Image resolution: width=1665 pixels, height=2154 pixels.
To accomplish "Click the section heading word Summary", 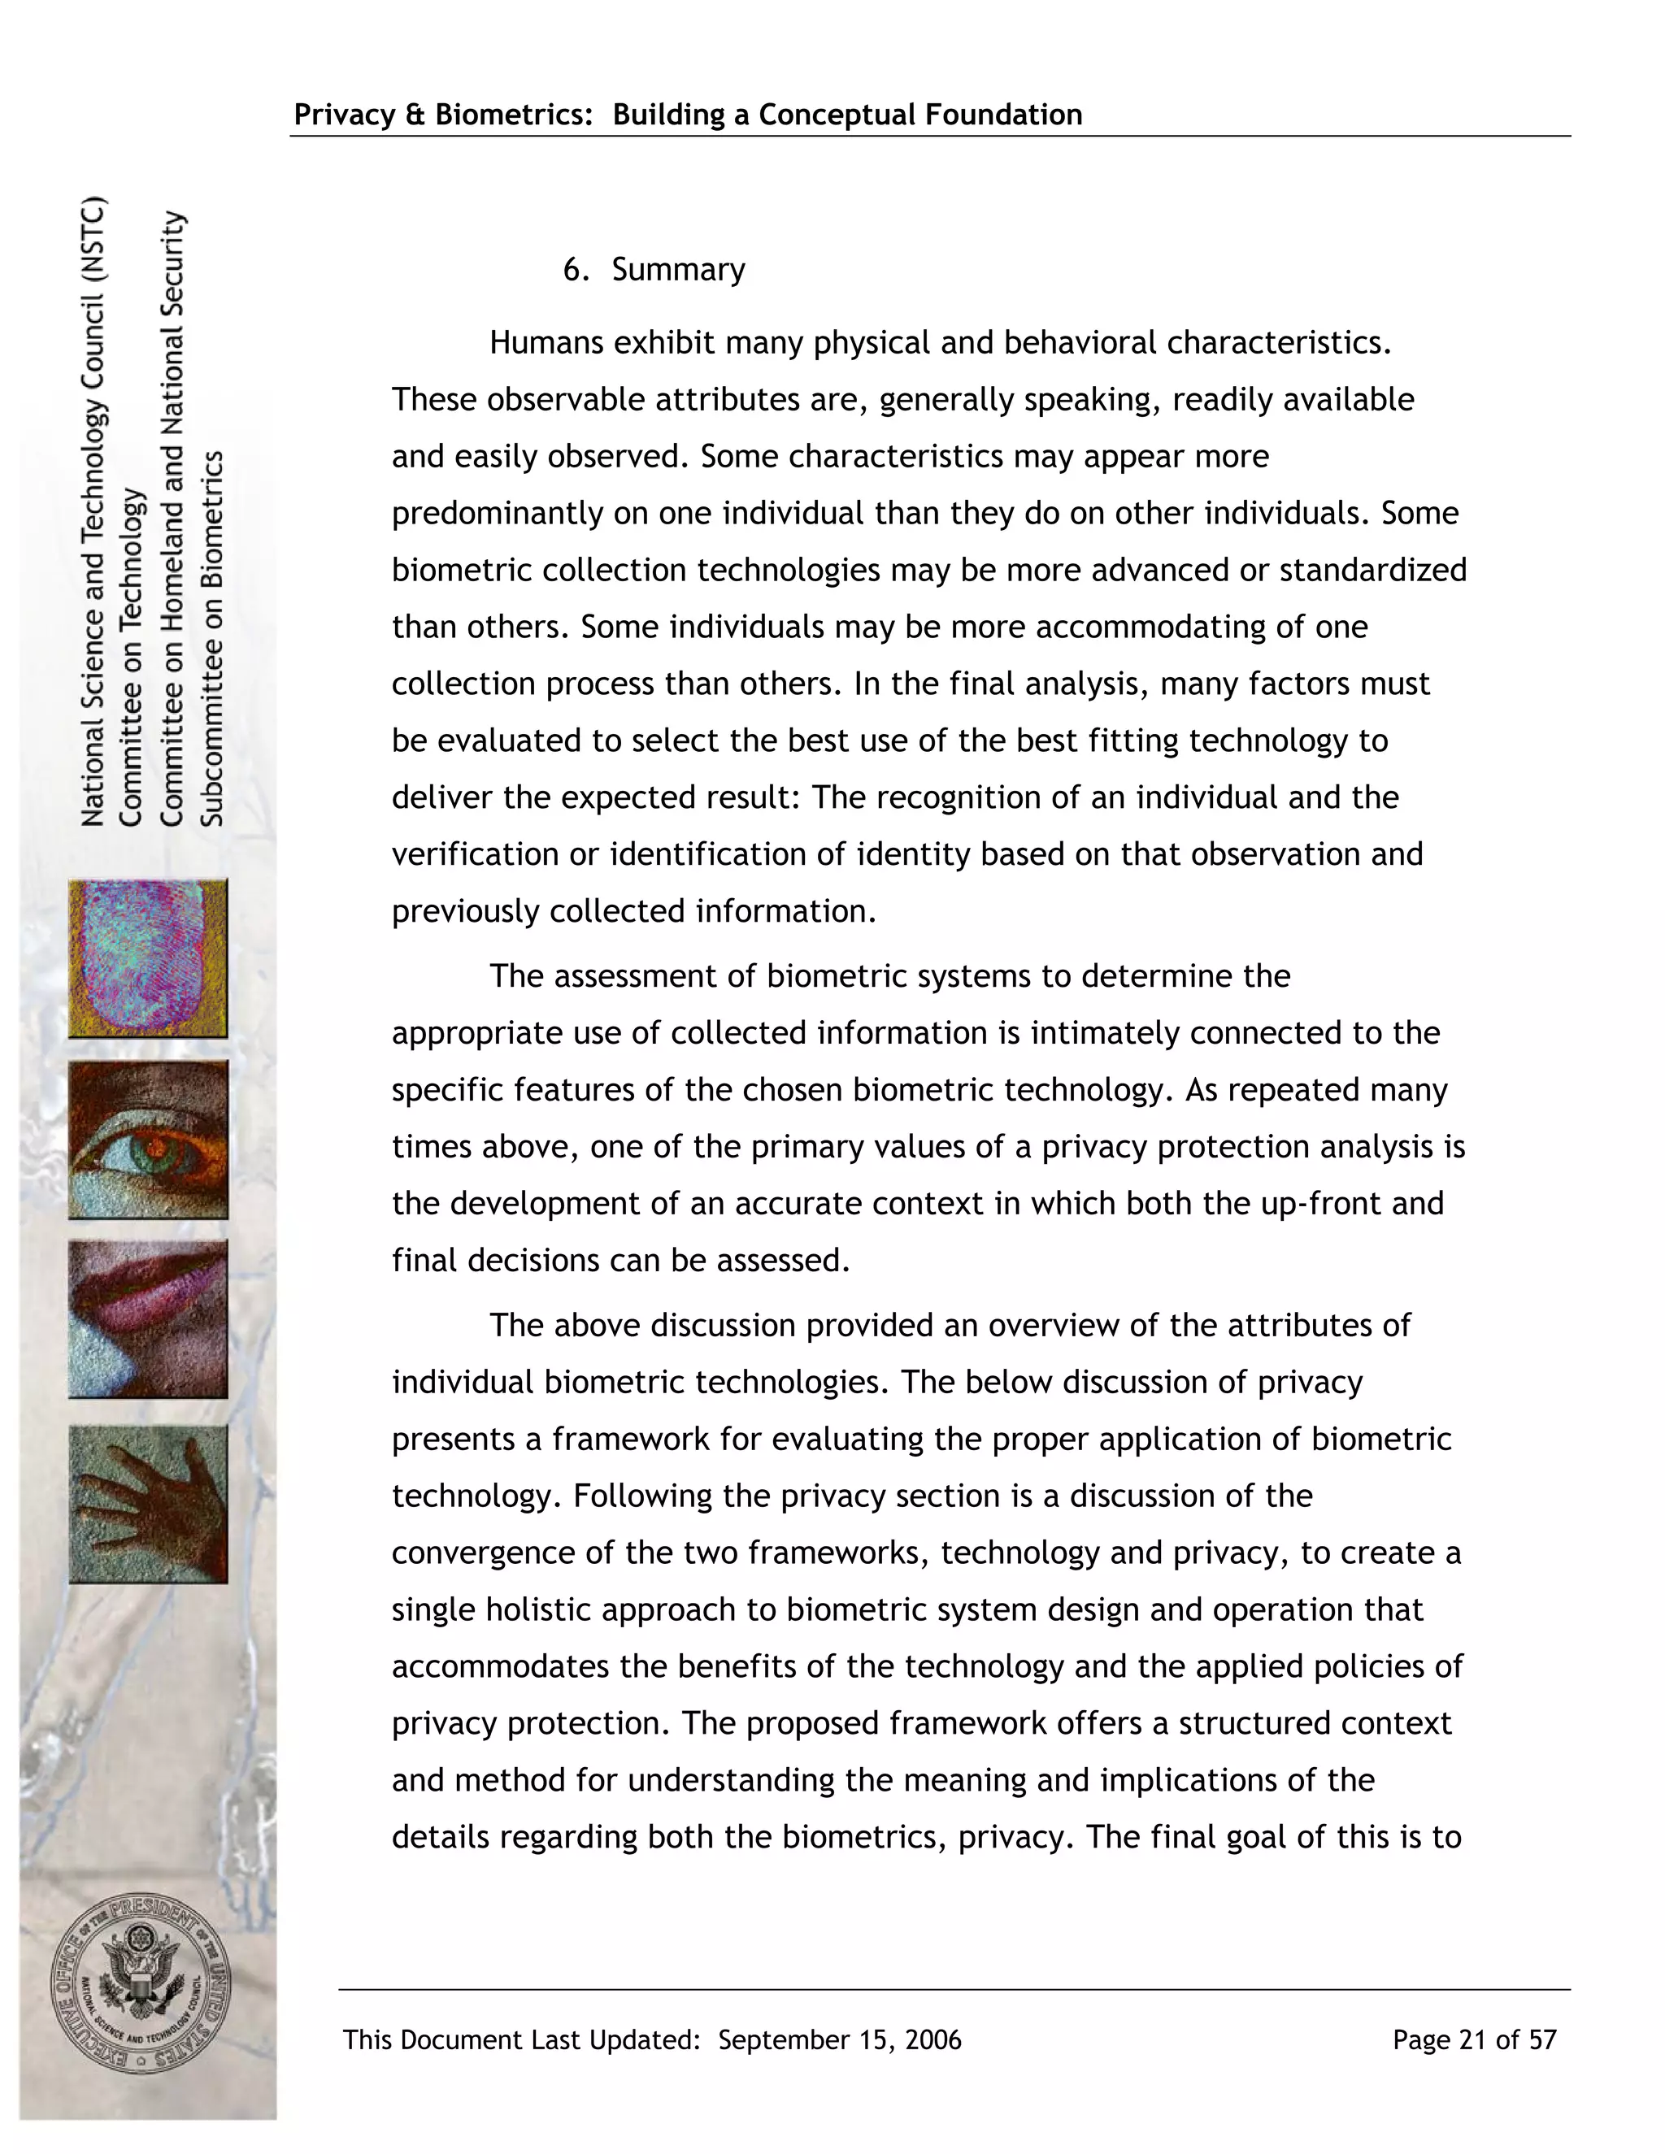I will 678,269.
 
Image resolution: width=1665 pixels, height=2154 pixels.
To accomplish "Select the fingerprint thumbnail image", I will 148,958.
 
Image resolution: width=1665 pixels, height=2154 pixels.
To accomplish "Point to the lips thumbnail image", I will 148,1318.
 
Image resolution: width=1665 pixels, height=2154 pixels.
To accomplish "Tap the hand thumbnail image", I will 148,1503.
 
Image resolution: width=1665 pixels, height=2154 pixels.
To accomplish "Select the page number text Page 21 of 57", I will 1474,2039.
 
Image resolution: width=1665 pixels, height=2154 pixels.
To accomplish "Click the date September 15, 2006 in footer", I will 839,2039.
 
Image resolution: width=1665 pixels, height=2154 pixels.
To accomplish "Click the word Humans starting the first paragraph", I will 546,343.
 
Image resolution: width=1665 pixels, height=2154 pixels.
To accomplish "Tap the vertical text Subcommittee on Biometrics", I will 213,638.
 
